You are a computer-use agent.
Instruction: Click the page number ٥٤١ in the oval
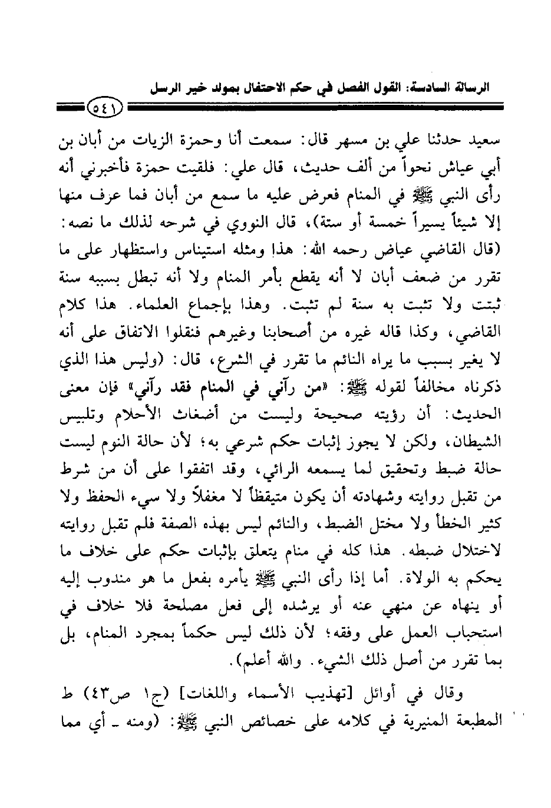(104, 107)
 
